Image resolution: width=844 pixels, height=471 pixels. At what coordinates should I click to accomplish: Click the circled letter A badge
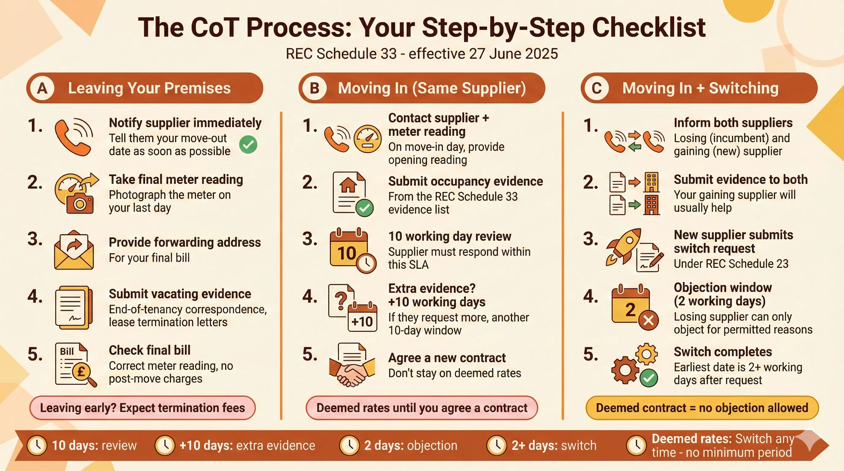click(x=42, y=88)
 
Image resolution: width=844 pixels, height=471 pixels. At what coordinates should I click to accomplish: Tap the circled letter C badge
click(x=597, y=88)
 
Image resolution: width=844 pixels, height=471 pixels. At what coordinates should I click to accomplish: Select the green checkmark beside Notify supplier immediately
click(x=248, y=144)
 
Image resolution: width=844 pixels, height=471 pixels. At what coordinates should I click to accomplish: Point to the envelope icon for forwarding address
click(x=74, y=251)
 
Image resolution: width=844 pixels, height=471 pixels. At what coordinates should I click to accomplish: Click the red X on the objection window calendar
click(x=648, y=320)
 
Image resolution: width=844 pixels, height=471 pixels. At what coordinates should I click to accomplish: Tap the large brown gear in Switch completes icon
click(x=625, y=370)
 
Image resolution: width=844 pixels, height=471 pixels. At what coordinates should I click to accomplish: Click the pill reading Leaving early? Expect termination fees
click(x=143, y=408)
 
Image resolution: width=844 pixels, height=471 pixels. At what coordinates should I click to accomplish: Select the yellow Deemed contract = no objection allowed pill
click(x=702, y=408)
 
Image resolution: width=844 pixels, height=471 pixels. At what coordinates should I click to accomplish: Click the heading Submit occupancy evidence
click(x=465, y=181)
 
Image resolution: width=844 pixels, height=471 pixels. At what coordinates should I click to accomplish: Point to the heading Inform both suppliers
click(x=733, y=123)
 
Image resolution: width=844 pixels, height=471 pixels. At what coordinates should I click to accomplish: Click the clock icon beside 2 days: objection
click(x=349, y=445)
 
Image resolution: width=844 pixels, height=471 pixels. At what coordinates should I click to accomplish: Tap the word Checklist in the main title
click(x=649, y=28)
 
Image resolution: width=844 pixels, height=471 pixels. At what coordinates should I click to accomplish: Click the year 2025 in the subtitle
click(x=542, y=54)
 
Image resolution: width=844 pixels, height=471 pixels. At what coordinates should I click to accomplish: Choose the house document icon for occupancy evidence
click(x=349, y=193)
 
